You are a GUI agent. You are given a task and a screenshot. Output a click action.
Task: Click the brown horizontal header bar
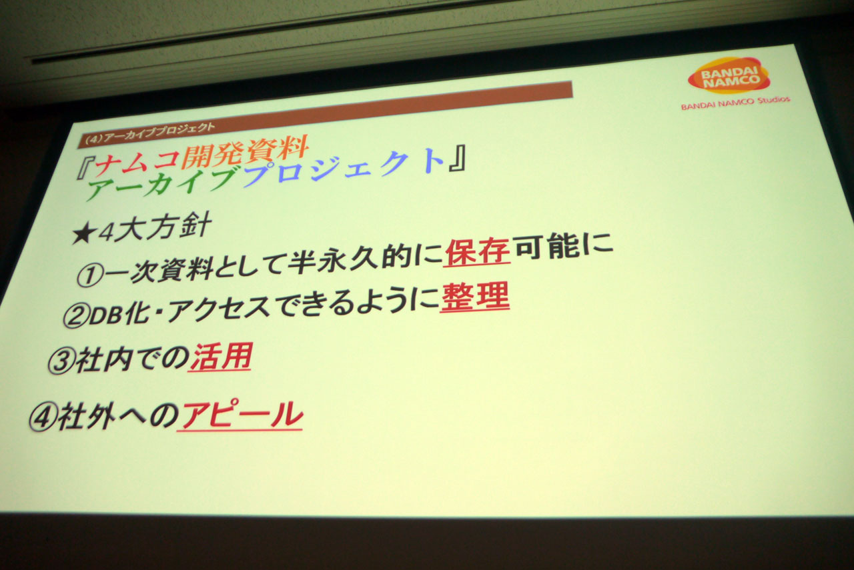click(325, 114)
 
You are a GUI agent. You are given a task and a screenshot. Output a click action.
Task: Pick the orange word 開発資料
click(245, 151)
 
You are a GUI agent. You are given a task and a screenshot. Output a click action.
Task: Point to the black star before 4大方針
click(83, 235)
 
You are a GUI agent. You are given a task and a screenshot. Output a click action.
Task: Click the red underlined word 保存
click(477, 251)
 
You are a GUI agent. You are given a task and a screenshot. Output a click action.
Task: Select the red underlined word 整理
click(475, 297)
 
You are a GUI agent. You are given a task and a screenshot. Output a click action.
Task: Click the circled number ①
click(89, 275)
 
